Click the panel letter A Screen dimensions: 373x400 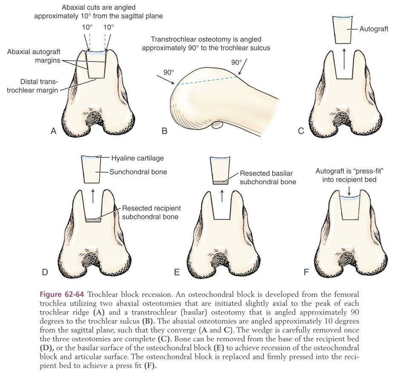point(53,131)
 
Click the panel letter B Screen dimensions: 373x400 point(164,131)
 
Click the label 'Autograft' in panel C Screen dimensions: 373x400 point(374,29)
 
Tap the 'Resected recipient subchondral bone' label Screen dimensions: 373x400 point(151,213)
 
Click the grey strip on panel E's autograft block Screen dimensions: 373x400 point(221,182)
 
